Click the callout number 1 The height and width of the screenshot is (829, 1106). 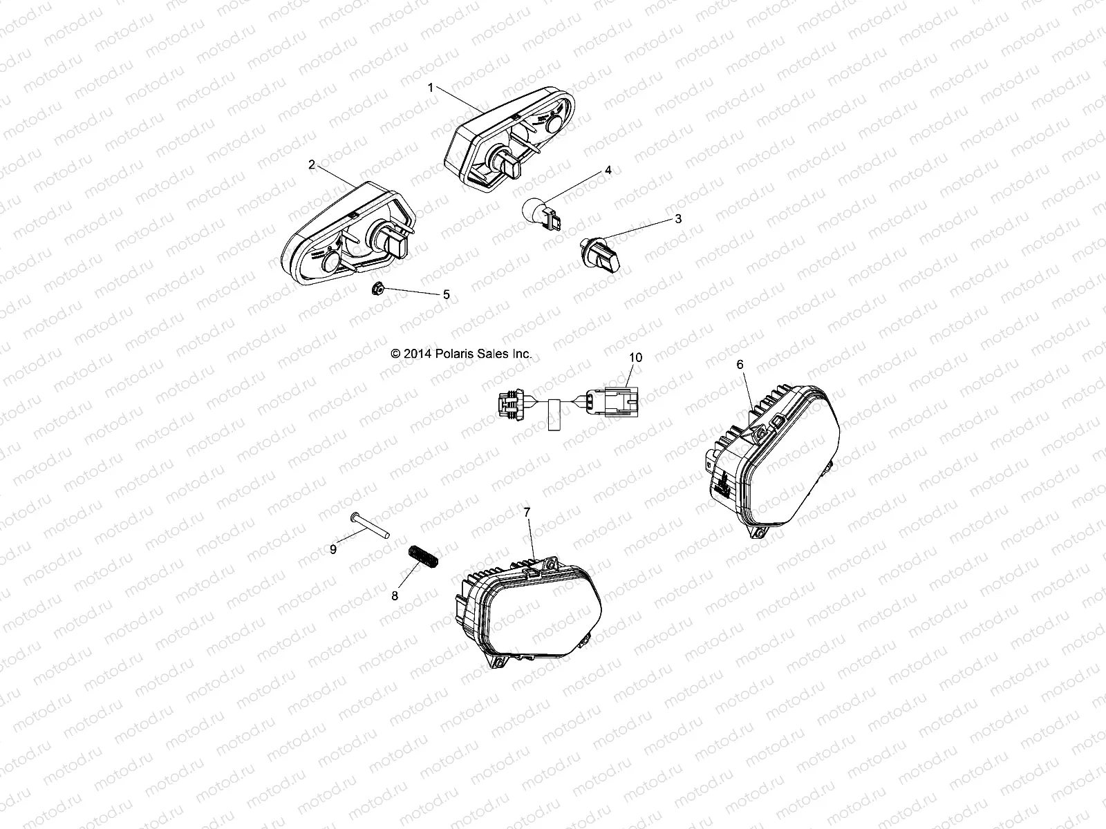431,88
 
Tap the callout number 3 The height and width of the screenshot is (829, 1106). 678,219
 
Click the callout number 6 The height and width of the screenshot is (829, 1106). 740,364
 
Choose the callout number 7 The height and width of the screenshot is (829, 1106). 527,512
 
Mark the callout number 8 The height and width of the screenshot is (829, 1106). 395,596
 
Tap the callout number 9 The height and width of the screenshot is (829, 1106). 333,549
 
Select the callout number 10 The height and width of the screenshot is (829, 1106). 635,357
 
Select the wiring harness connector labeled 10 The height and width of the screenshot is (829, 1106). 567,403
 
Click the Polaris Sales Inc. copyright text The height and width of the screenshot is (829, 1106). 461,353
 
